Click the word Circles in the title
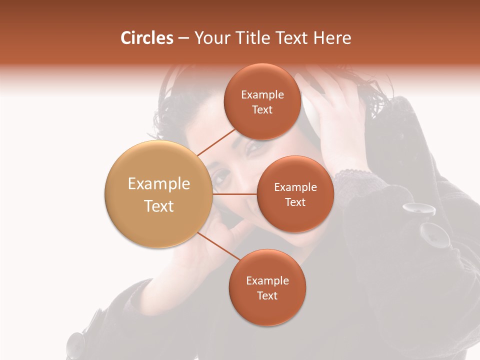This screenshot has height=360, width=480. coord(146,38)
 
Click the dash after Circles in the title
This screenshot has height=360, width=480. coord(183,39)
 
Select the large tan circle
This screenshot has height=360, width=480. coord(158,194)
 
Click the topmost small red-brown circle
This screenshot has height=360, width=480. coord(262,101)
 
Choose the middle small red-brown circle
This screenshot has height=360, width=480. coord(295,194)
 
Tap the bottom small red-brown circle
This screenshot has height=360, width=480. coord(267,287)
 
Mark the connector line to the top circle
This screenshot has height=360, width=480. coord(217,142)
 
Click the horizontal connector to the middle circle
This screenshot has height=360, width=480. coord(234,194)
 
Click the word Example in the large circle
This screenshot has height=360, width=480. coord(158,184)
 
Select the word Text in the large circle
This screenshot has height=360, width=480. coord(158,206)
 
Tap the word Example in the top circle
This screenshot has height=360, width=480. coord(262,94)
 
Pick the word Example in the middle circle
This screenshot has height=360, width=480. coord(295,187)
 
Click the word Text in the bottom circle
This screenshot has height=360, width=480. coord(267,295)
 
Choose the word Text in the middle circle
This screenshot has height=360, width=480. coord(295,202)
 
